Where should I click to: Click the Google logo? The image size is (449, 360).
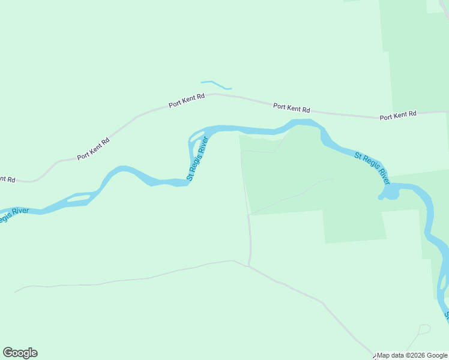tap(20, 353)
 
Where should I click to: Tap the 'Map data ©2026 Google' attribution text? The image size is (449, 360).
tap(412, 355)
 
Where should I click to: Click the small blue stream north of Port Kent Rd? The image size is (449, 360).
tap(216, 85)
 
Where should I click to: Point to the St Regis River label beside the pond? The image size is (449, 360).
tap(372, 168)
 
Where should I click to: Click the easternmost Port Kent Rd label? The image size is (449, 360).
tap(398, 115)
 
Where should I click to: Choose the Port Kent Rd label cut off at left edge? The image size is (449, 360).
tap(7, 179)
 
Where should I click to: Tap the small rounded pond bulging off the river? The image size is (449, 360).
tap(392, 194)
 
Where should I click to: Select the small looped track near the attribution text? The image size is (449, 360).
tap(424, 329)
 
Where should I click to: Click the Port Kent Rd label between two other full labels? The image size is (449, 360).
tap(292, 108)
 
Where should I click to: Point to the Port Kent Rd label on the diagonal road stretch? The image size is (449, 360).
tap(93, 149)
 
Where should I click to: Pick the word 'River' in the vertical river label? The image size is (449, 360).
tap(202, 146)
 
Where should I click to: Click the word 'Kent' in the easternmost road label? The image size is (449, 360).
tap(399, 115)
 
